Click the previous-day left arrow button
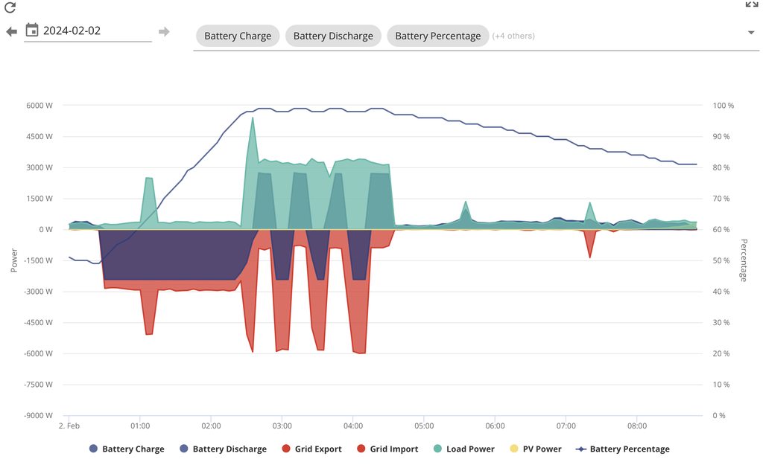pyautogui.click(x=11, y=31)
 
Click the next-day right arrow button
pyautogui.click(x=164, y=31)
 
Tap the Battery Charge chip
pyautogui.click(x=238, y=36)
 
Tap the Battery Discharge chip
pyautogui.click(x=333, y=36)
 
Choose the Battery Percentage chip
pyautogui.click(x=437, y=36)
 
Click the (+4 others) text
pyautogui.click(x=513, y=36)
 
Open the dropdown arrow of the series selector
pyautogui.click(x=751, y=33)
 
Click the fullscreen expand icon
pyautogui.click(x=752, y=4)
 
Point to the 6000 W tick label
pyautogui.click(x=39, y=106)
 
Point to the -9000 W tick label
pyautogui.click(x=37, y=416)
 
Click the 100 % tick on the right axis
pyautogui.click(x=723, y=106)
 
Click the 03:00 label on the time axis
pyautogui.click(x=282, y=426)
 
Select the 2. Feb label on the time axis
pyautogui.click(x=69, y=426)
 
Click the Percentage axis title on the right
pyautogui.click(x=744, y=260)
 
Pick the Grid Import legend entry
pyautogui.click(x=387, y=449)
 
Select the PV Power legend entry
pyautogui.click(x=533, y=449)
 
